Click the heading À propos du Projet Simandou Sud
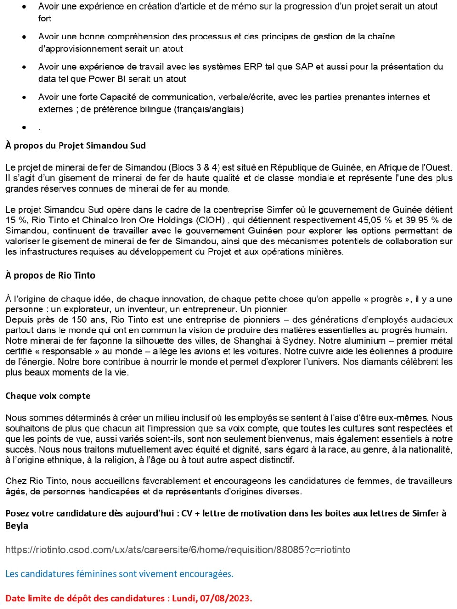click(x=75, y=145)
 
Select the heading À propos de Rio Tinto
click(x=50, y=275)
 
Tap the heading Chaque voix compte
click(x=48, y=396)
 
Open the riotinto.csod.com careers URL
click(x=178, y=550)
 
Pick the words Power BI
click(x=105, y=79)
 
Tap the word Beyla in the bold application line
click(x=17, y=526)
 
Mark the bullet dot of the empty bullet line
click(x=24, y=127)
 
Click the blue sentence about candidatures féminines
click(x=119, y=574)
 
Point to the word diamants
click(x=380, y=362)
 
